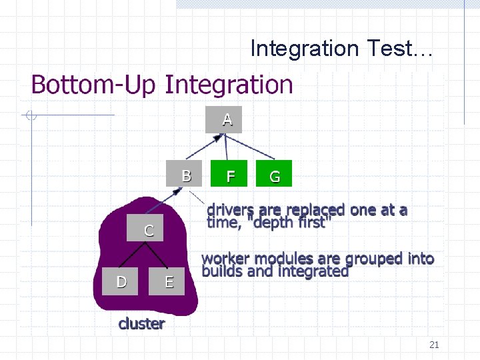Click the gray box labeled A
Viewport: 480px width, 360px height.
[x=223, y=120]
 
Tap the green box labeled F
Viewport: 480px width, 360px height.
[x=229, y=176]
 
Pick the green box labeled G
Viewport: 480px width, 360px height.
[x=273, y=176]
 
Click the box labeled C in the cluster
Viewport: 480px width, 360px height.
[x=146, y=231]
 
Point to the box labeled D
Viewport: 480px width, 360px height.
[x=121, y=281]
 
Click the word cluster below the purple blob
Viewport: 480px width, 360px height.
[x=141, y=324]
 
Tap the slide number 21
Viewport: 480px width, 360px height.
[x=434, y=345]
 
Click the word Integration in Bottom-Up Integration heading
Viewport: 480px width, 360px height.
[x=229, y=85]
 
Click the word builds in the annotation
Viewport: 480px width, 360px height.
[x=222, y=271]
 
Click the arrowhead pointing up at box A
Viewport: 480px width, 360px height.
[x=216, y=139]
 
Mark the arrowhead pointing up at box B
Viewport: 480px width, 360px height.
[x=178, y=191]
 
